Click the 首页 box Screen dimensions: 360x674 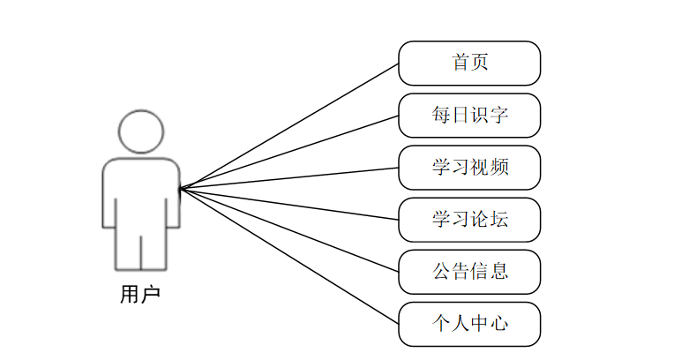tap(469, 63)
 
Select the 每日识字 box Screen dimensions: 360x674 tap(469, 116)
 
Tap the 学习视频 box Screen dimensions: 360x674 tap(469, 168)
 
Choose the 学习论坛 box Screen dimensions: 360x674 tap(469, 220)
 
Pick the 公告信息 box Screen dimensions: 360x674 tap(469, 272)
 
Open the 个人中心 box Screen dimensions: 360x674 tap(469, 324)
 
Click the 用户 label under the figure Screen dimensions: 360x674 tap(140, 295)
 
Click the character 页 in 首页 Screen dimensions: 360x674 tap(479, 63)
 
